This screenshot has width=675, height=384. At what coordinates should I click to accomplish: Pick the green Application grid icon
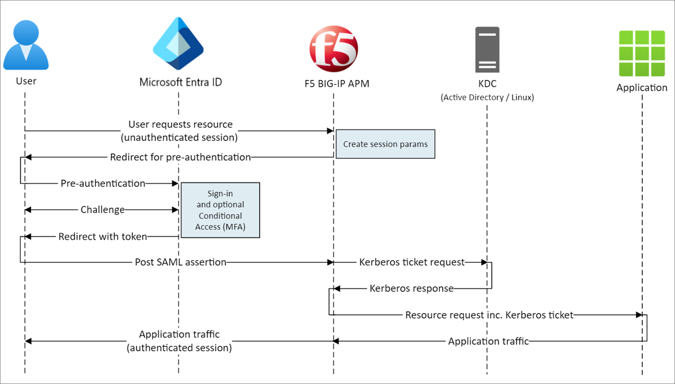tap(642, 53)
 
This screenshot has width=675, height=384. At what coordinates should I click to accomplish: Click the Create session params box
tap(385, 144)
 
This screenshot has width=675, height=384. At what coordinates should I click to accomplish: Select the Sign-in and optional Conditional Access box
tap(220, 209)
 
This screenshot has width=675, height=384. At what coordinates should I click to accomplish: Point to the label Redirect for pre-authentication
tap(180, 157)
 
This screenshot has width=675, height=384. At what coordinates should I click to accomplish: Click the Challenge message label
tap(102, 209)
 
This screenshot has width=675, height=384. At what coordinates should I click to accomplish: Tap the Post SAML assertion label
tap(180, 262)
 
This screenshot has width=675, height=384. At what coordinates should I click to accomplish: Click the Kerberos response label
tap(411, 288)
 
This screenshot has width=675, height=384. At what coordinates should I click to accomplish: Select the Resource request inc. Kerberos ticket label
tap(489, 315)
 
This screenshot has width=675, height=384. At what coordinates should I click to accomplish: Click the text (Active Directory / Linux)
tap(487, 97)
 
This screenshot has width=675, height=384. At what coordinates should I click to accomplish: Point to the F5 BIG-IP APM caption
tap(333, 83)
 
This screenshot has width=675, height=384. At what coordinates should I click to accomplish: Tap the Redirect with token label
tap(102, 236)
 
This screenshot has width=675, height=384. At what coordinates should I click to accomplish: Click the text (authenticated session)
tap(179, 348)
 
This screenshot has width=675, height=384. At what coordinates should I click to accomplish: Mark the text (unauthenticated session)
tap(180, 137)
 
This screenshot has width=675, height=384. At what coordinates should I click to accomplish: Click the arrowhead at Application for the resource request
tap(638, 315)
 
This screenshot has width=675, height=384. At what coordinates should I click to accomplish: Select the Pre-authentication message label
tap(102, 183)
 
